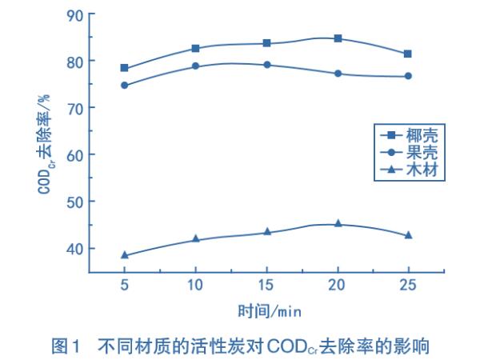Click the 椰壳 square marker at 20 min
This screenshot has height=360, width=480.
(338, 38)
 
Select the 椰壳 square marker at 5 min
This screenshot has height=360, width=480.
(125, 68)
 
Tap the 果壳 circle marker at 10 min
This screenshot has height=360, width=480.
(195, 66)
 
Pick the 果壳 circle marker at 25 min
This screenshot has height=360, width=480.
(408, 76)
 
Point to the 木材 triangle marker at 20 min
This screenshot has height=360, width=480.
(338, 223)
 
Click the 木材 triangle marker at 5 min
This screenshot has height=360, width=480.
(125, 254)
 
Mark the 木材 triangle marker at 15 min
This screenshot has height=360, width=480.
(266, 232)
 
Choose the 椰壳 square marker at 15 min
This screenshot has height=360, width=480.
(266, 43)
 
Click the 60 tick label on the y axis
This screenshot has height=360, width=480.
(74, 154)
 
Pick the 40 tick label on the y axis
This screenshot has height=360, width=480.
(74, 248)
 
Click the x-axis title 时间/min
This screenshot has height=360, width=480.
(269, 310)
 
